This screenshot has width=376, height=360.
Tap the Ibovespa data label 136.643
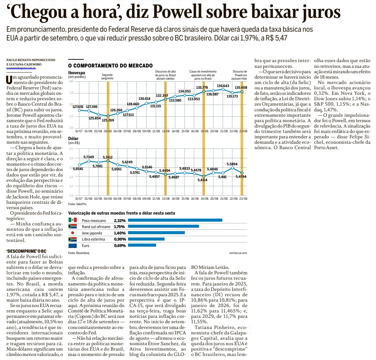tap(223, 86)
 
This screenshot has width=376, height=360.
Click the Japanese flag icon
tap(72, 233)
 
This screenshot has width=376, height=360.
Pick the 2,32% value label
tap(120, 220)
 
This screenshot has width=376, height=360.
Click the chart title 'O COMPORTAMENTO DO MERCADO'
tap(110, 65)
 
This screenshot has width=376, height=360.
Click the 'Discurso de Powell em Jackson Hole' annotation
tap(240, 75)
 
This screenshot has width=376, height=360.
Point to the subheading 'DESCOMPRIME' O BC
tap(26, 251)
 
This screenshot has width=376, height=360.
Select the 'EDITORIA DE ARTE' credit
tap(238, 253)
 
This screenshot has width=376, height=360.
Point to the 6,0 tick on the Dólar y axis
tap(71, 148)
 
